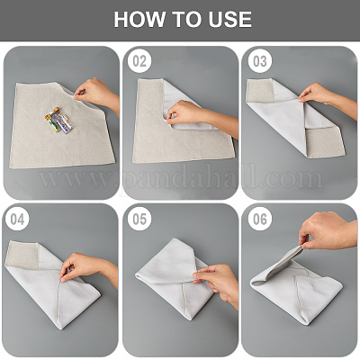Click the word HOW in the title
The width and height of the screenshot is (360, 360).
(x=137, y=21)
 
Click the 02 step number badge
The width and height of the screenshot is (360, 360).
(x=139, y=62)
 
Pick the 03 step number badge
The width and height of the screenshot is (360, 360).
(x=259, y=62)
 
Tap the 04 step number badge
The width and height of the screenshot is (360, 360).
(x=19, y=219)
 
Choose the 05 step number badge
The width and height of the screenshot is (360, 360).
(x=139, y=219)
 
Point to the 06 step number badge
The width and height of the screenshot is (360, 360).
(x=259, y=219)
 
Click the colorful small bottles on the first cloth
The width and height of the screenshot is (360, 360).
(x=59, y=121)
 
